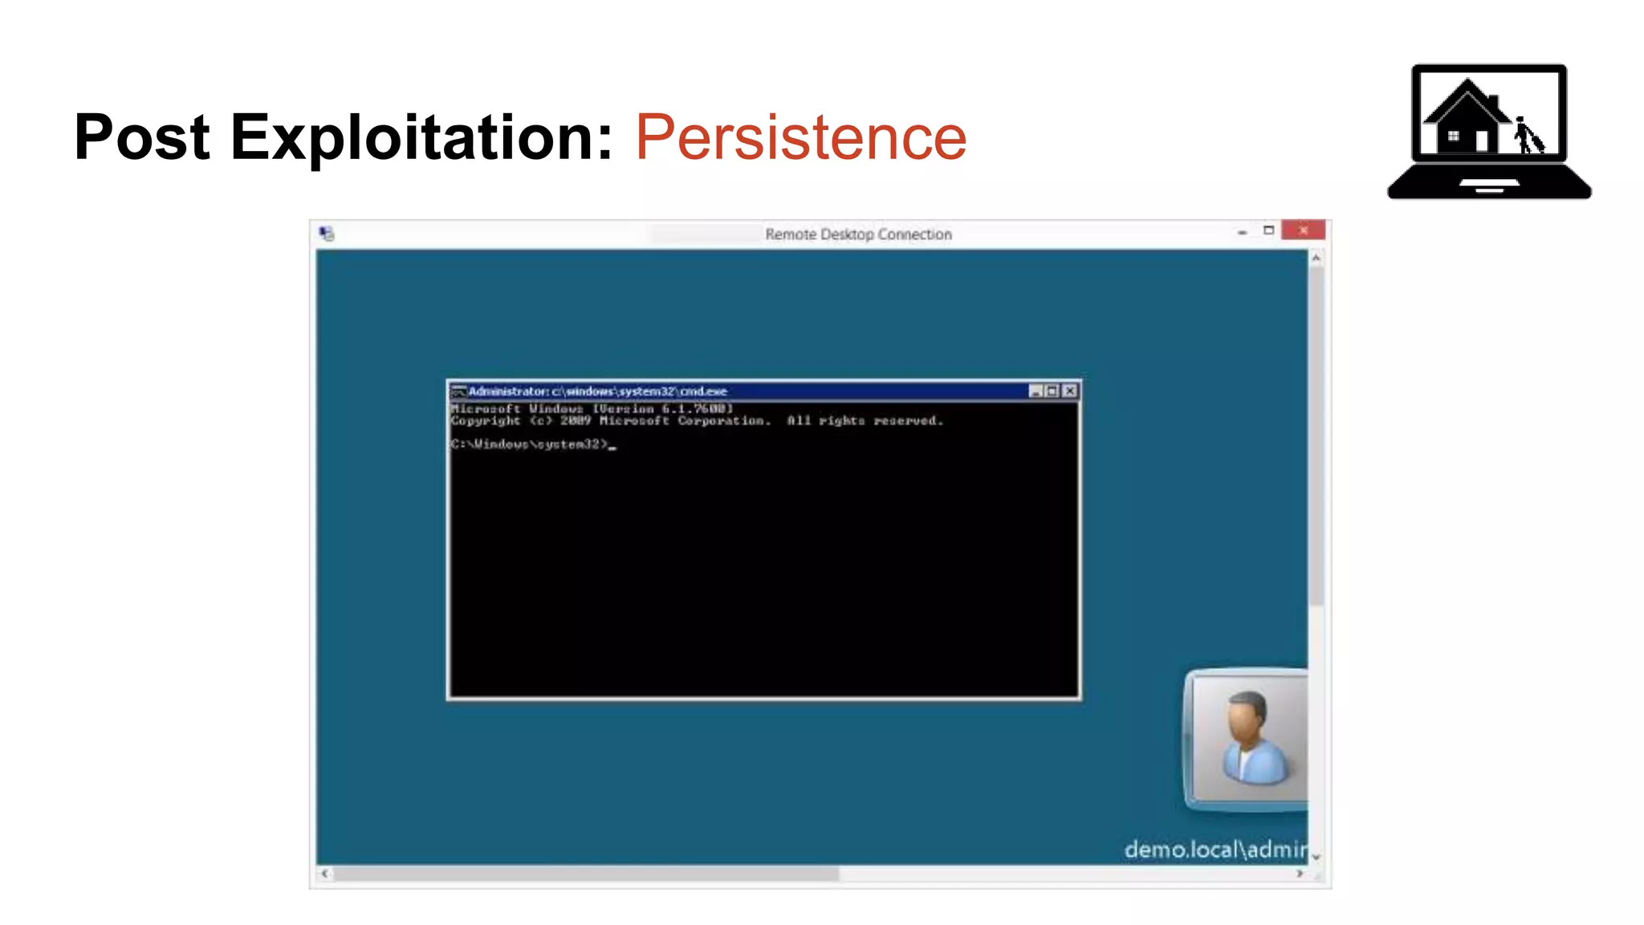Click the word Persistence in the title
point(800,137)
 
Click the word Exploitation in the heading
point(422,137)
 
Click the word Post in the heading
point(142,137)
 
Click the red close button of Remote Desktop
point(1303,231)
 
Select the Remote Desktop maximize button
point(1268,231)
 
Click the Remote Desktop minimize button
point(1242,232)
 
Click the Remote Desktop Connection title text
point(857,234)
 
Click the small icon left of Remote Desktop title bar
point(326,234)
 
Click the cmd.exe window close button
point(1069,391)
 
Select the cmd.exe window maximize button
point(1052,391)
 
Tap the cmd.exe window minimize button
point(1036,391)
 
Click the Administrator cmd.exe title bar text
point(597,391)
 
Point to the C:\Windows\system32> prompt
point(530,444)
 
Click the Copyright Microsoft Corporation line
point(695,421)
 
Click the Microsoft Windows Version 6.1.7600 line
point(592,409)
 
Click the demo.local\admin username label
point(1215,850)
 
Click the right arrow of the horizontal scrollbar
point(1300,874)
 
